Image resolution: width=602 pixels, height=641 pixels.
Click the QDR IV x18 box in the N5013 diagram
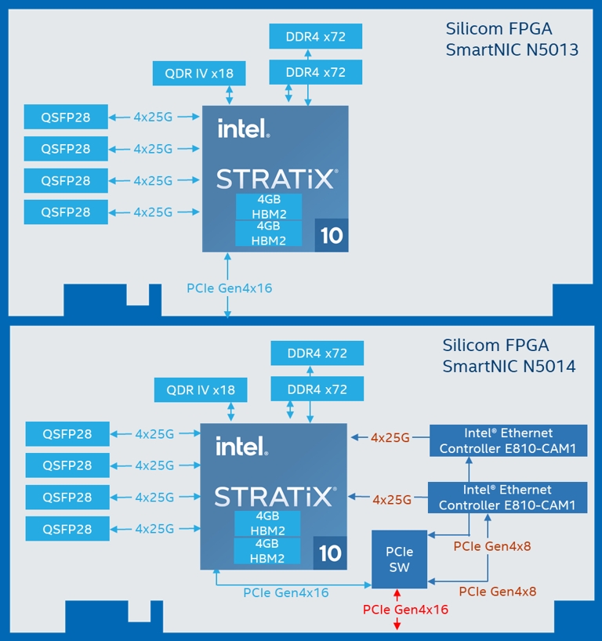point(199,74)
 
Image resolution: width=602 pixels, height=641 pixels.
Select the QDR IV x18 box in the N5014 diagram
point(201,390)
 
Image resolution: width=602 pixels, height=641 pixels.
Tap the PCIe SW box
point(399,560)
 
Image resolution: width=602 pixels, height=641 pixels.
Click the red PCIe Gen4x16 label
point(405,609)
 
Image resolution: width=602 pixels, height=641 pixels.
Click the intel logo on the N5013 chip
point(243,128)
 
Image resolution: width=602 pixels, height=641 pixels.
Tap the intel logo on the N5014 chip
point(241,446)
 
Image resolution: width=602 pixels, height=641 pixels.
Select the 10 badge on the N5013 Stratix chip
point(332,235)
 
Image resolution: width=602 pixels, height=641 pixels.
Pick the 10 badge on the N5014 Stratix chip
point(330,552)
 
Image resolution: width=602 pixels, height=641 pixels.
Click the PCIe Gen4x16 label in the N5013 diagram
point(229,288)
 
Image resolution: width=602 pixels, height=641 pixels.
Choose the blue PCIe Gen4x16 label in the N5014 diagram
point(286,592)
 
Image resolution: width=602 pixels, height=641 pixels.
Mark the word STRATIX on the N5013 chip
point(277,179)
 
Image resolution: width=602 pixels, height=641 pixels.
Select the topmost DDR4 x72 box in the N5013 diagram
point(306,36)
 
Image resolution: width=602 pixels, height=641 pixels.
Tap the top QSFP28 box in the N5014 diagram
point(67,434)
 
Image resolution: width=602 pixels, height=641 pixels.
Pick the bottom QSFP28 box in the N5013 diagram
point(66,212)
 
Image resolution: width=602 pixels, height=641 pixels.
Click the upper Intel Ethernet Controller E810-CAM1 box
point(508,440)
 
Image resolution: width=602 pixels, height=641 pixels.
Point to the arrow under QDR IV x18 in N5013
point(229,95)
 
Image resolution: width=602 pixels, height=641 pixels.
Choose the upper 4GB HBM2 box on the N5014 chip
point(267,523)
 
